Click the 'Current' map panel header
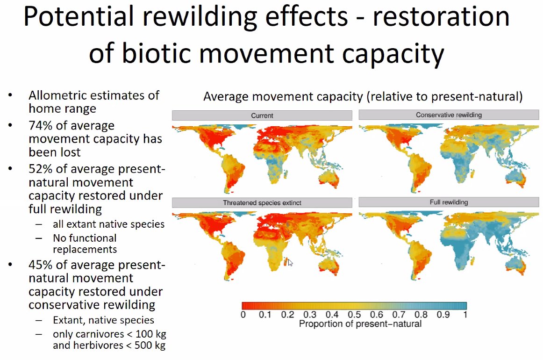pyautogui.click(x=262, y=115)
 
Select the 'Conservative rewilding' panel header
pyautogui.click(x=449, y=115)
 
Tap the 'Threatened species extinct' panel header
pyautogui.click(x=262, y=202)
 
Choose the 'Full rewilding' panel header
pyautogui.click(x=449, y=202)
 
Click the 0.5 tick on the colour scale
pyautogui.click(x=355, y=315)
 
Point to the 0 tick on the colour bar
pyautogui.click(x=243, y=315)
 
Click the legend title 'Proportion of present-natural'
pyautogui.click(x=360, y=324)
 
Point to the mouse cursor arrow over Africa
pyautogui.click(x=290, y=262)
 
